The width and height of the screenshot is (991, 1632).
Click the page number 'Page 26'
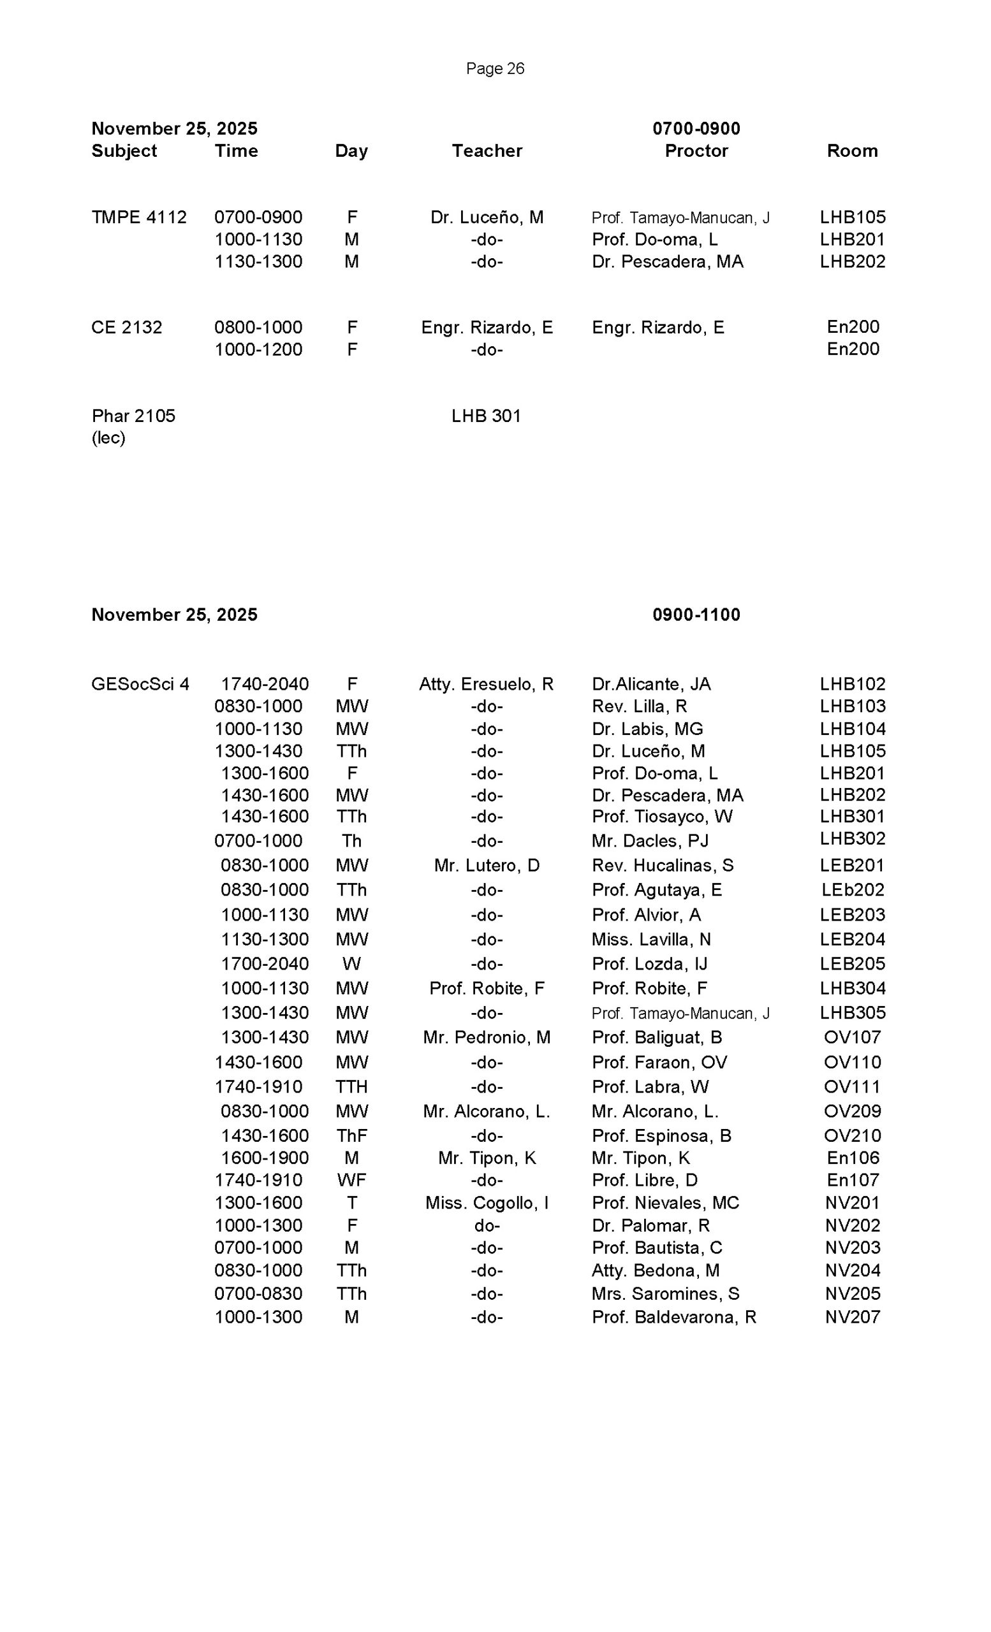coord(495,68)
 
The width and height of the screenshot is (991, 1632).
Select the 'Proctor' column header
coord(696,151)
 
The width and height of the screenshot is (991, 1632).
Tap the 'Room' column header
coord(852,151)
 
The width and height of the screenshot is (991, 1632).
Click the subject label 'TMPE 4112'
coord(139,217)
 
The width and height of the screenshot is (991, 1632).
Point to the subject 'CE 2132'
coord(126,327)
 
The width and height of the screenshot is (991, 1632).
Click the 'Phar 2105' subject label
coord(133,416)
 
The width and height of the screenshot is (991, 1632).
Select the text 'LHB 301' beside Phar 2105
coord(485,416)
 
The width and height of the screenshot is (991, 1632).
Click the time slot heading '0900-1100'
coord(696,615)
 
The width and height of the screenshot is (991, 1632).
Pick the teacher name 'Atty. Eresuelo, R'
coord(485,684)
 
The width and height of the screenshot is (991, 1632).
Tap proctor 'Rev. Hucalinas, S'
coord(663,866)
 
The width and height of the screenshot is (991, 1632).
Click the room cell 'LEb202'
coord(853,890)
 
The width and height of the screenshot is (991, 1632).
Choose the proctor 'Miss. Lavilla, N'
coord(650,940)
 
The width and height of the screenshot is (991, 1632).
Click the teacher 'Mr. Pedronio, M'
coord(486,1038)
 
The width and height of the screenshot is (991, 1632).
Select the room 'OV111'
coord(852,1087)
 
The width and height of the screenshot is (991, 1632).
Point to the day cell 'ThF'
coord(351,1136)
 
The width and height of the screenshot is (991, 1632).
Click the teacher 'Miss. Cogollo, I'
coord(486,1203)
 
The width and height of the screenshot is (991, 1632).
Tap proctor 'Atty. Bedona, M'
coord(655,1271)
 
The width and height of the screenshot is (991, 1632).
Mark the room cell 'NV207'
coord(852,1316)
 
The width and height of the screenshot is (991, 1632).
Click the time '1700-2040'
coord(264,965)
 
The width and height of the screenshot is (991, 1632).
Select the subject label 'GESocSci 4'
coord(140,684)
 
